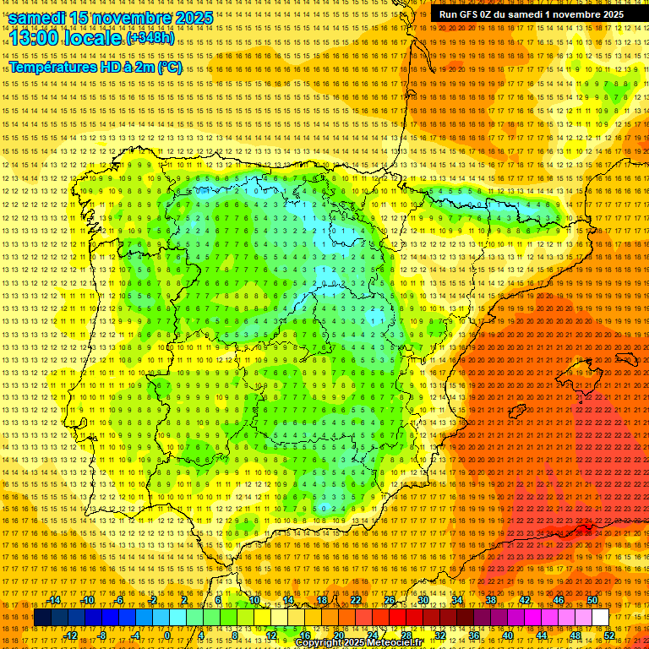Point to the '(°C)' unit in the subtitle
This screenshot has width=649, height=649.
point(170,68)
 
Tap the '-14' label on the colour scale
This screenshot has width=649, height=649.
point(54,600)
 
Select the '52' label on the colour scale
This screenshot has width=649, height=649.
point(609,635)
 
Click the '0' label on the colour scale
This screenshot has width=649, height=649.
point(167,635)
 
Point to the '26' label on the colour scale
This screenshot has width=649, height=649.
point(390,600)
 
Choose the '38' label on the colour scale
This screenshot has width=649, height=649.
point(491,600)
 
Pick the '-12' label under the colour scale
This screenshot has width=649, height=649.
point(71,635)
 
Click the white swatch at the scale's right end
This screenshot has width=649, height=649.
point(600,618)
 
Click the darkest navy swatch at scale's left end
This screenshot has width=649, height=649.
point(41,618)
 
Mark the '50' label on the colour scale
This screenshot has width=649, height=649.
point(592,600)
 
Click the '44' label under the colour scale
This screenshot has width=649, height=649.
point(542,635)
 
